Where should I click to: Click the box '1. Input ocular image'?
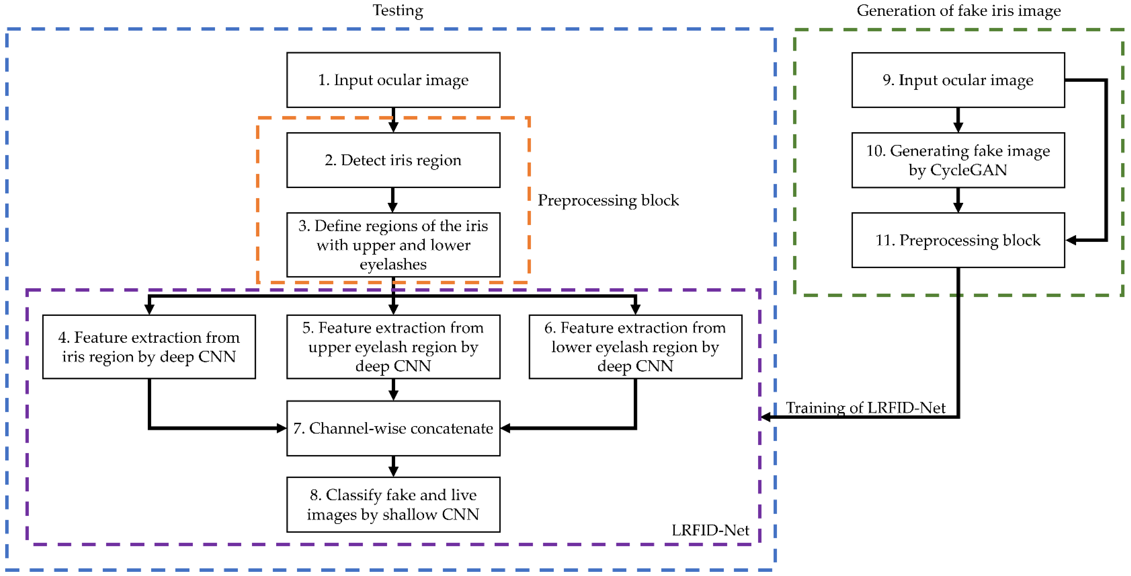393,80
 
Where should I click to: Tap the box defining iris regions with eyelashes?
393,245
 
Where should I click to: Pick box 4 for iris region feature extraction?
149,347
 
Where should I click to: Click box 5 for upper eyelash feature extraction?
393,347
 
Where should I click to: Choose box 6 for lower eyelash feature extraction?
635,347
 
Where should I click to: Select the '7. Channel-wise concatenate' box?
393,428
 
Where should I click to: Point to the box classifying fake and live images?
393,504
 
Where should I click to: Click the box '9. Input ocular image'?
958,80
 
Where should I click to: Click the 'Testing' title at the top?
398,10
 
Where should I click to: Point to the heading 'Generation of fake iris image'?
958,10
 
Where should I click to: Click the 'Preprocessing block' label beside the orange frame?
608,200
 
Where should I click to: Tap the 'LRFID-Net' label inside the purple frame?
710,530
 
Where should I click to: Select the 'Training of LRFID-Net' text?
865,408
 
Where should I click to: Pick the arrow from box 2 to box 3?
393,200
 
